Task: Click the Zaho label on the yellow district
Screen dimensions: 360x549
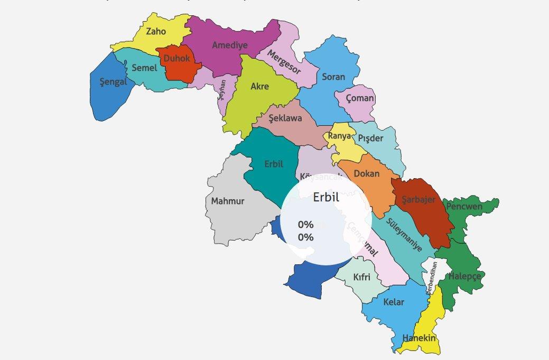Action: pos(156,31)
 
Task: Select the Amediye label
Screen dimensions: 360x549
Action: pos(229,45)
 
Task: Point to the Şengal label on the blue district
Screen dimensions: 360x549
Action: pos(113,82)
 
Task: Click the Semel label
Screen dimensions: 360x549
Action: pos(144,68)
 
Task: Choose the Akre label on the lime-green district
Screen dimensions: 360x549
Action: pos(259,86)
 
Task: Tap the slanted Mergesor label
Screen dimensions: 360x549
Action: pos(284,62)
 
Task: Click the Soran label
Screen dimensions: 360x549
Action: pos(333,77)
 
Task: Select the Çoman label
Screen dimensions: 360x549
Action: pos(360,98)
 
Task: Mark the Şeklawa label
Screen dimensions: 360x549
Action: pos(285,118)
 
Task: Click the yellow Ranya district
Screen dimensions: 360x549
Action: pos(340,136)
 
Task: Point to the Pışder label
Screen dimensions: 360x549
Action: pos(370,138)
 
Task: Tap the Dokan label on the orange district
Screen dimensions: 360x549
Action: pos(366,173)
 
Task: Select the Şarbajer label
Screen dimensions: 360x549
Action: pos(418,199)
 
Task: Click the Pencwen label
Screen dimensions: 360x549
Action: pos(464,206)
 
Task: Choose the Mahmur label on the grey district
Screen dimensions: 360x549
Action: pos(228,201)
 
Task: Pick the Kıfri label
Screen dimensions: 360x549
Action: pos(361,276)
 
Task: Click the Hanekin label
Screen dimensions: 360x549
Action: pos(418,338)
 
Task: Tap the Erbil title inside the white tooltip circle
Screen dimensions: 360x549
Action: pos(325,197)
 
